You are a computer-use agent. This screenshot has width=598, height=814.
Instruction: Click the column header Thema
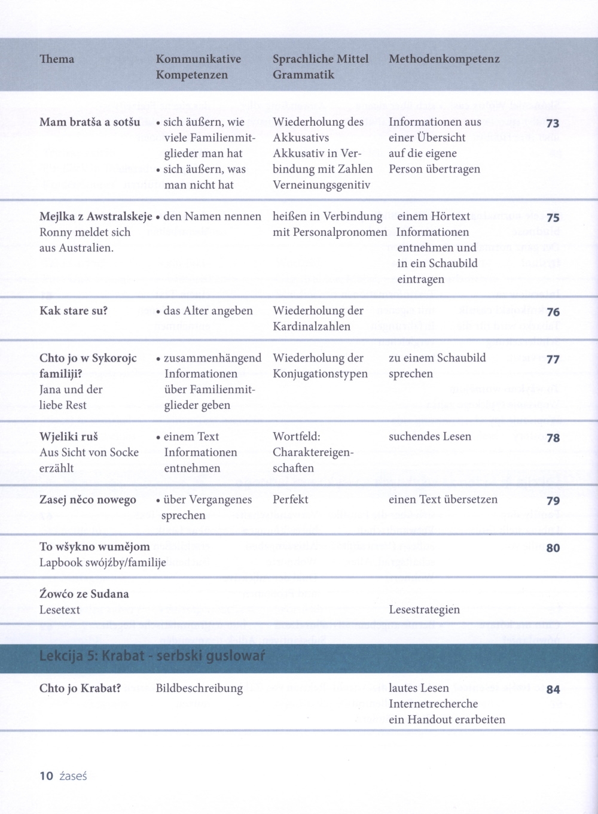tap(57, 59)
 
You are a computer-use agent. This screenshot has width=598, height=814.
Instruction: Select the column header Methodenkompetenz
tap(444, 59)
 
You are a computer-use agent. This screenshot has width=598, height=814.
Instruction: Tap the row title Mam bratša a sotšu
tap(90, 122)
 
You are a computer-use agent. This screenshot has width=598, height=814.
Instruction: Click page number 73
tap(553, 123)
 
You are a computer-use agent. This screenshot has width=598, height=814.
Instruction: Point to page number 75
tap(553, 218)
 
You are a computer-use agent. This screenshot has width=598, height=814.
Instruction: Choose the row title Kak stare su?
tap(74, 311)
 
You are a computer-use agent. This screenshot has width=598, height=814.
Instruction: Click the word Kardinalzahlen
tap(312, 326)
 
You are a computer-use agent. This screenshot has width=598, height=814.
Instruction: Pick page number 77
tap(553, 359)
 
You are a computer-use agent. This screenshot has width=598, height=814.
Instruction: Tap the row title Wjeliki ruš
tap(69, 436)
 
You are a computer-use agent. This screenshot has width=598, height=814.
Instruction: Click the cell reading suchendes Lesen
tap(429, 436)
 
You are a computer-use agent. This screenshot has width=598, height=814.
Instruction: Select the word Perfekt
tap(291, 499)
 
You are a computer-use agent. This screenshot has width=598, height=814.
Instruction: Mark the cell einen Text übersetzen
tap(443, 499)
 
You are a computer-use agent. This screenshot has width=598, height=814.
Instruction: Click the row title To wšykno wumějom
tap(94, 546)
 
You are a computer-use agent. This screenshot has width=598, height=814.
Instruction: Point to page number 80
tap(553, 548)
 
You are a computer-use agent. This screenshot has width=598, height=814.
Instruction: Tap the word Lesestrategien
tap(424, 609)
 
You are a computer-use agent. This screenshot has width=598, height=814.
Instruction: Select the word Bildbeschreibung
tap(199, 688)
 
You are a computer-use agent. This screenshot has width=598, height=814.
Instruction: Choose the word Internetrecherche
tap(433, 703)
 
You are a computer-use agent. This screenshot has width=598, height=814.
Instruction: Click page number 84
tap(553, 690)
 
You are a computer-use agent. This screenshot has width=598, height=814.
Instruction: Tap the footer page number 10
tap(46, 776)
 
